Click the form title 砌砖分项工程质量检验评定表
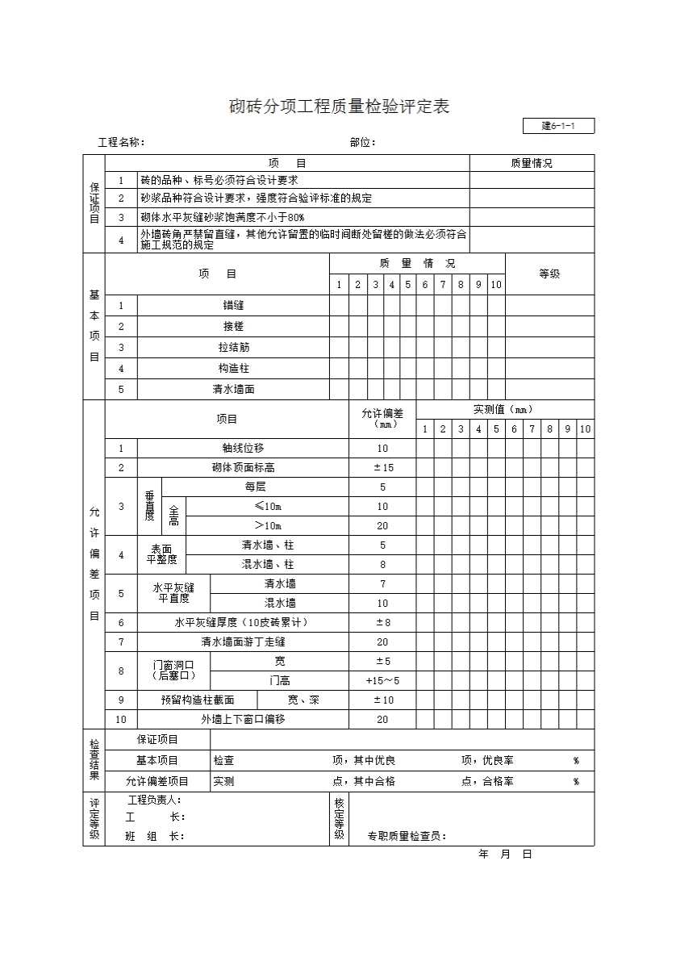point(339,107)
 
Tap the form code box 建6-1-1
point(558,126)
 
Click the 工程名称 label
point(121,143)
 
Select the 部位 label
point(362,143)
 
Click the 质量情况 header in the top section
point(532,163)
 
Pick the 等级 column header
point(549,274)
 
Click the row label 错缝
point(233,306)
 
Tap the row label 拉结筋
point(233,348)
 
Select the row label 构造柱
point(233,369)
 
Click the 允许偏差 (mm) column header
point(382,419)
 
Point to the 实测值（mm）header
point(504,410)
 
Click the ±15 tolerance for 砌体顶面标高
point(382,468)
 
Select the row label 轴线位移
point(243,449)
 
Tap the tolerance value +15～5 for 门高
point(382,681)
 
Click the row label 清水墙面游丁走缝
point(243,642)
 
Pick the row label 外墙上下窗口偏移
point(243,720)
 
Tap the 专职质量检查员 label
point(407,837)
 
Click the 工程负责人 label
point(155,800)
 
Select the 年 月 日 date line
point(505,855)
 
